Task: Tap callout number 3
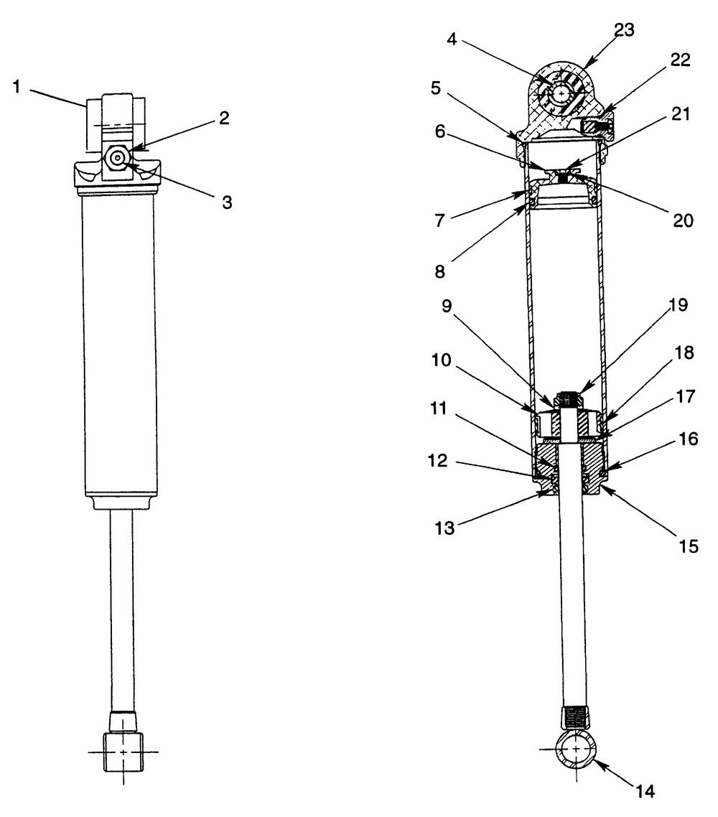pos(227,202)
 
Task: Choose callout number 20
pos(684,220)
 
